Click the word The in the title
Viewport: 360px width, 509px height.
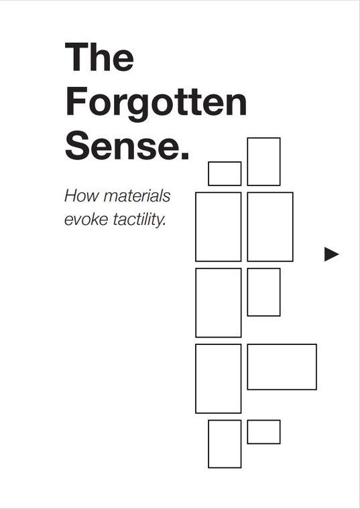(x=99, y=56)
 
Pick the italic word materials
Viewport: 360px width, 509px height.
(x=137, y=196)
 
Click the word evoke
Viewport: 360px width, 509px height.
(x=86, y=219)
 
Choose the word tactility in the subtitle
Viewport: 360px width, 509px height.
(x=139, y=220)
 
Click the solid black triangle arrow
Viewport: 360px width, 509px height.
(x=331, y=254)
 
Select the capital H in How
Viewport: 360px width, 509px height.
(x=72, y=196)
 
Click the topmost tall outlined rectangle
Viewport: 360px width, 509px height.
(x=247, y=161)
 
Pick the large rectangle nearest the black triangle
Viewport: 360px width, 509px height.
(x=293, y=226)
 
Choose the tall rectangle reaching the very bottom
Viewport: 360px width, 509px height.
(x=208, y=444)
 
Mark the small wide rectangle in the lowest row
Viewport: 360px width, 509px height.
(x=263, y=420)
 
